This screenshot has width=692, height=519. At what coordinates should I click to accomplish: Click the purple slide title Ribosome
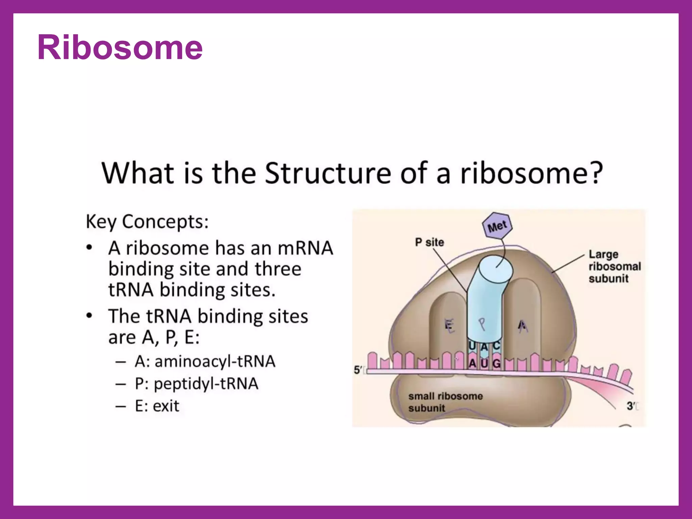120,48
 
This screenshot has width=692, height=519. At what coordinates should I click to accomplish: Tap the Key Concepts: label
147,222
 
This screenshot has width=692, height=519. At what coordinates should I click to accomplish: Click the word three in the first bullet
278,269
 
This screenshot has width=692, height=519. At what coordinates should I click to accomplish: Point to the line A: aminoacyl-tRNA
205,361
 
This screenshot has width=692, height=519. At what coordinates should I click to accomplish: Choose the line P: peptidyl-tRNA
196,384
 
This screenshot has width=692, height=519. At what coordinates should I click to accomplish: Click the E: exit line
157,406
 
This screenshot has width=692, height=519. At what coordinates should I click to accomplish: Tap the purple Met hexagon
497,226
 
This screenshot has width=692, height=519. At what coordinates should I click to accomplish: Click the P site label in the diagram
429,242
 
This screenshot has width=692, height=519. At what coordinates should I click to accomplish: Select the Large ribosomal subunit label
614,266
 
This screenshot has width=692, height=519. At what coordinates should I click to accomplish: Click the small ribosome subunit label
445,402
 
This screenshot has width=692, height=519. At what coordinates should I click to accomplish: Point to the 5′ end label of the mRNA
358,370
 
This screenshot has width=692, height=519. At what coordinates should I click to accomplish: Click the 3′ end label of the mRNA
631,406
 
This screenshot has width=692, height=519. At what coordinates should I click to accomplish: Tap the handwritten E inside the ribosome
449,326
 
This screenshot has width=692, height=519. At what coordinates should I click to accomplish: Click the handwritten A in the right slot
522,326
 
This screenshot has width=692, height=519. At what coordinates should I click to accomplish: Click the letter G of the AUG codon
496,364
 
